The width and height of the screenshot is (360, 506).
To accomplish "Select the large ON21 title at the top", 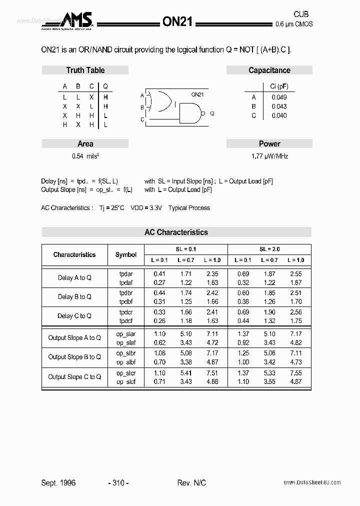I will (x=177, y=21).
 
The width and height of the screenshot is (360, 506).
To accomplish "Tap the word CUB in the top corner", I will (x=301, y=14).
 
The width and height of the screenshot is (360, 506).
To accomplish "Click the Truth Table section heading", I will (x=85, y=70).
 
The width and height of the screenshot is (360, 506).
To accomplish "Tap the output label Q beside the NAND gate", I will (x=212, y=113).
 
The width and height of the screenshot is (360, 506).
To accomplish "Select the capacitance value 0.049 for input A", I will (x=279, y=97).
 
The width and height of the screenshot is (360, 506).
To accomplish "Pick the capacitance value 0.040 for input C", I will (x=279, y=115).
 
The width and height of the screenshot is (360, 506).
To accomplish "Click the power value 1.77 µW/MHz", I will (x=269, y=156).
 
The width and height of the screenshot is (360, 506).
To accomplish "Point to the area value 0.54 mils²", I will (x=85, y=156).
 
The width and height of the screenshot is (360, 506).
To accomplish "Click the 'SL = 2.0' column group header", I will (x=269, y=249).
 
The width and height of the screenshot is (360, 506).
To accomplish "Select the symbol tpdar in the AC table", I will (x=126, y=274).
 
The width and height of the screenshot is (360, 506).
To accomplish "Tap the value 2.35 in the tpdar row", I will (x=212, y=274).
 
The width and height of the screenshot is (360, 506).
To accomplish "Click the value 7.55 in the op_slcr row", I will (x=296, y=373).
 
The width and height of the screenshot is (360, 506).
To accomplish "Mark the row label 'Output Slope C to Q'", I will (x=74, y=377).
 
